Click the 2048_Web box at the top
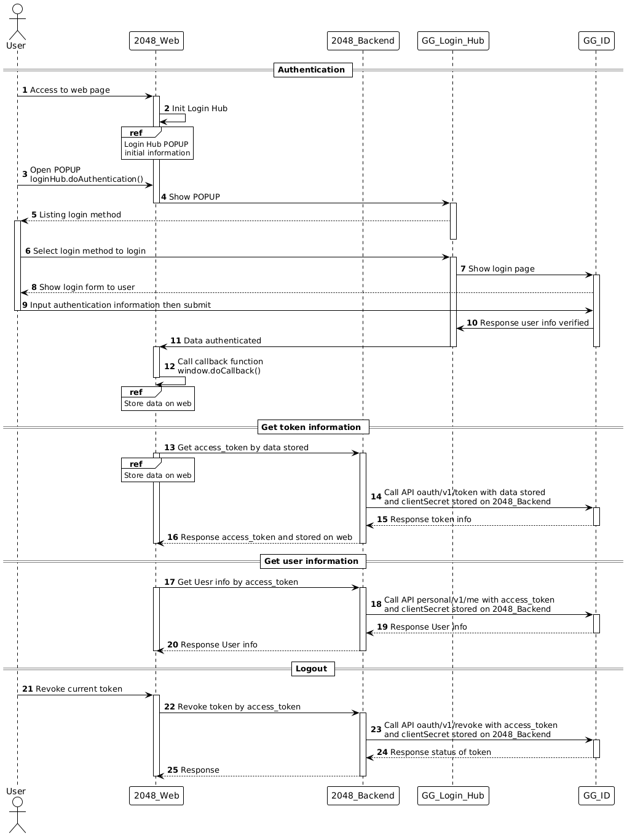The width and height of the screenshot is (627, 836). click(x=156, y=41)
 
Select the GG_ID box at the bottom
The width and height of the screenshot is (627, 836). click(x=596, y=795)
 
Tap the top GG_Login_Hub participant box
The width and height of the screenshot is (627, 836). click(x=453, y=41)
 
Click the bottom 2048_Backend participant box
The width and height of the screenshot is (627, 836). click(x=363, y=795)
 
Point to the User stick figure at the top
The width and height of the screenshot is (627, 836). click(x=17, y=21)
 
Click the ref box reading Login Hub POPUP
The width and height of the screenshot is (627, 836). click(x=157, y=143)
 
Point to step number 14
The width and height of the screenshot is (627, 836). click(x=376, y=497)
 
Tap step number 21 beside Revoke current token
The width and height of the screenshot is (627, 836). click(x=28, y=689)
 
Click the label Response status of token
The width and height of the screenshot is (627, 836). click(x=440, y=752)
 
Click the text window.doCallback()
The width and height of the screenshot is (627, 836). click(x=219, y=370)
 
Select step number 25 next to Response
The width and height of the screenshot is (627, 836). click(x=173, y=770)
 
